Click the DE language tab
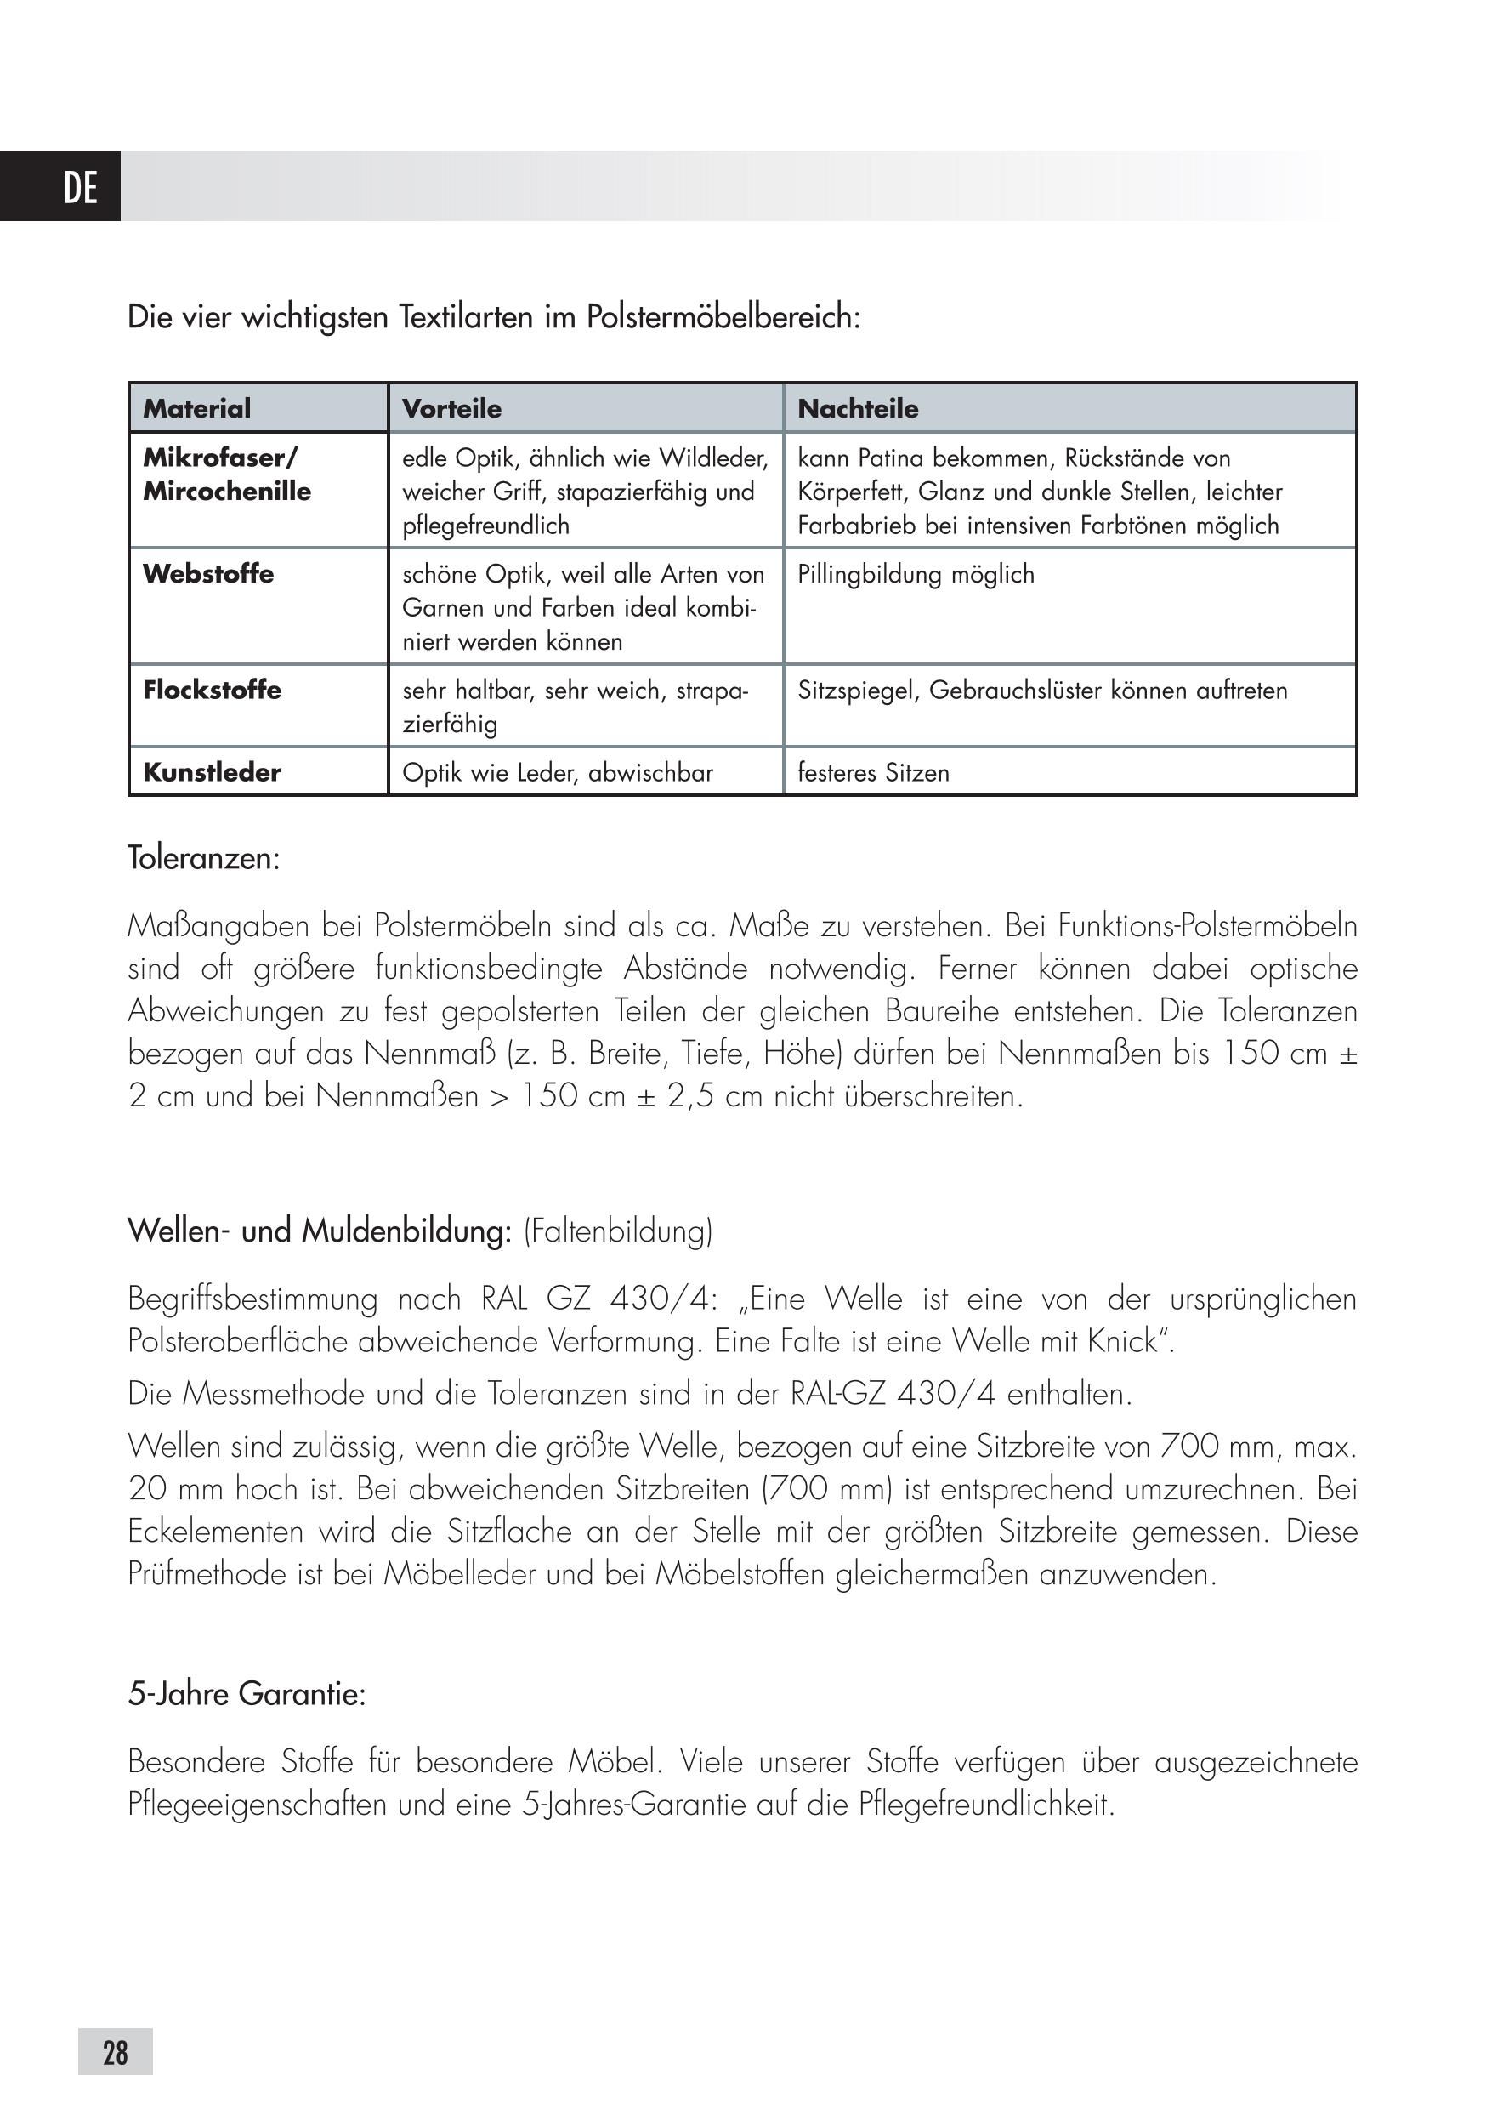click(80, 187)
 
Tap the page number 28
click(116, 2051)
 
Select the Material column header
click(196, 409)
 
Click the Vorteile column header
click(452, 409)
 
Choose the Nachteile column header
click(858, 409)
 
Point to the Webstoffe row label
click(208, 574)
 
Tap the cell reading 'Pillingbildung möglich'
click(916, 575)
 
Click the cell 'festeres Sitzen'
click(873, 773)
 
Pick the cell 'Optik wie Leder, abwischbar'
click(558, 773)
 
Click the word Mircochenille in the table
click(227, 492)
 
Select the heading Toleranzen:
click(204, 859)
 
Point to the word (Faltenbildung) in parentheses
click(618, 1231)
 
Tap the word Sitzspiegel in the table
click(857, 691)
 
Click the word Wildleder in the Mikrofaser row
click(712, 458)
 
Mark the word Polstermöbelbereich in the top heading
click(723, 318)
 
